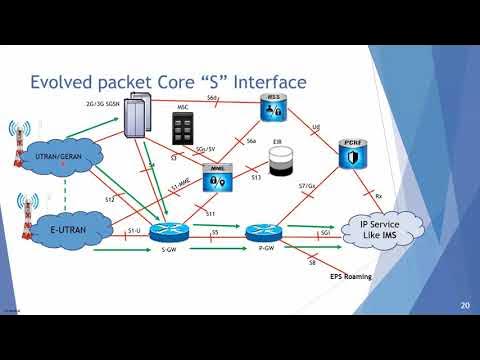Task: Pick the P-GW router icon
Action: click(260, 234)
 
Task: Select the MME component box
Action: click(210, 180)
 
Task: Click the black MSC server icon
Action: click(182, 126)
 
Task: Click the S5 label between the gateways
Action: click(215, 232)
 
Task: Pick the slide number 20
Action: click(464, 305)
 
